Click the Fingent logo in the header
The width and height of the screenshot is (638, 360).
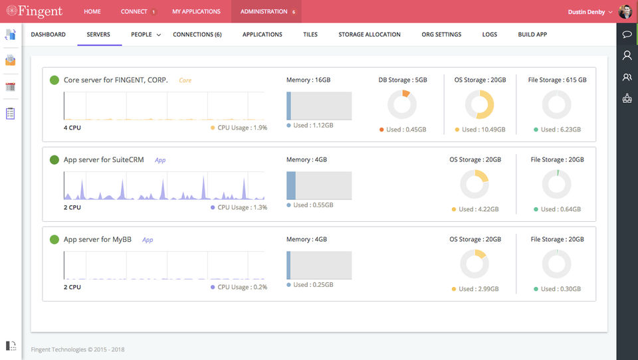tap(34, 11)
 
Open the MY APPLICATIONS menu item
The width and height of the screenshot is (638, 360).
tap(196, 11)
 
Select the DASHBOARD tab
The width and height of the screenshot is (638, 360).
tap(48, 35)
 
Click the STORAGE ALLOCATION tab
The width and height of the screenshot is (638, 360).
tap(370, 35)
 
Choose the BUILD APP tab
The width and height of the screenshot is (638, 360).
tap(532, 35)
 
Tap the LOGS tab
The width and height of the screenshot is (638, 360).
tap(490, 35)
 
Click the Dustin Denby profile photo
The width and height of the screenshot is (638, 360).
tap(625, 11)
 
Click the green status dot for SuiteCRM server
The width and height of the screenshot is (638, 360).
tap(54, 160)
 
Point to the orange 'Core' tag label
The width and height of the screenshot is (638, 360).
tap(185, 80)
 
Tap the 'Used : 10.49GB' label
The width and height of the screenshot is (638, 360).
tap(483, 130)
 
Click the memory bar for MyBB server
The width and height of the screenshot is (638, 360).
tap(319, 265)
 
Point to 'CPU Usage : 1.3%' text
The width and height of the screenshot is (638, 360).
tap(242, 207)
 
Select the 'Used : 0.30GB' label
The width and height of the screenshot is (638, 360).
tap(561, 289)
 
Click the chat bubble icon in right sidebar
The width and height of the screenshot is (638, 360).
tap(627, 34)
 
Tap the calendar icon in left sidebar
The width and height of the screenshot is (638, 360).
tap(10, 86)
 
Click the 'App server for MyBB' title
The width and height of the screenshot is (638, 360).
tap(97, 240)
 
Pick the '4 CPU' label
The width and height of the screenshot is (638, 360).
tap(72, 128)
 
